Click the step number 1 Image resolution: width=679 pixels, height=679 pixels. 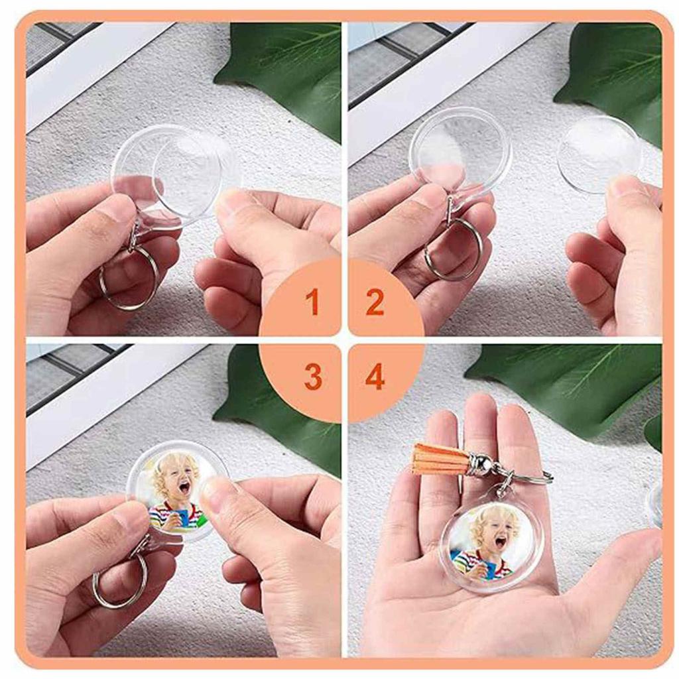pos(312,302)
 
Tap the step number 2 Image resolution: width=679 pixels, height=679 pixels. pos(375,302)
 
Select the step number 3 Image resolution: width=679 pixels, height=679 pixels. pos(313,377)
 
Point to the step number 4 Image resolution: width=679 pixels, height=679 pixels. pos(375,377)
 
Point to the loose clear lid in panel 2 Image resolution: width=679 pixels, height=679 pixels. pos(599,154)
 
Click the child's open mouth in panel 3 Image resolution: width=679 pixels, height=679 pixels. pos(184,489)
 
